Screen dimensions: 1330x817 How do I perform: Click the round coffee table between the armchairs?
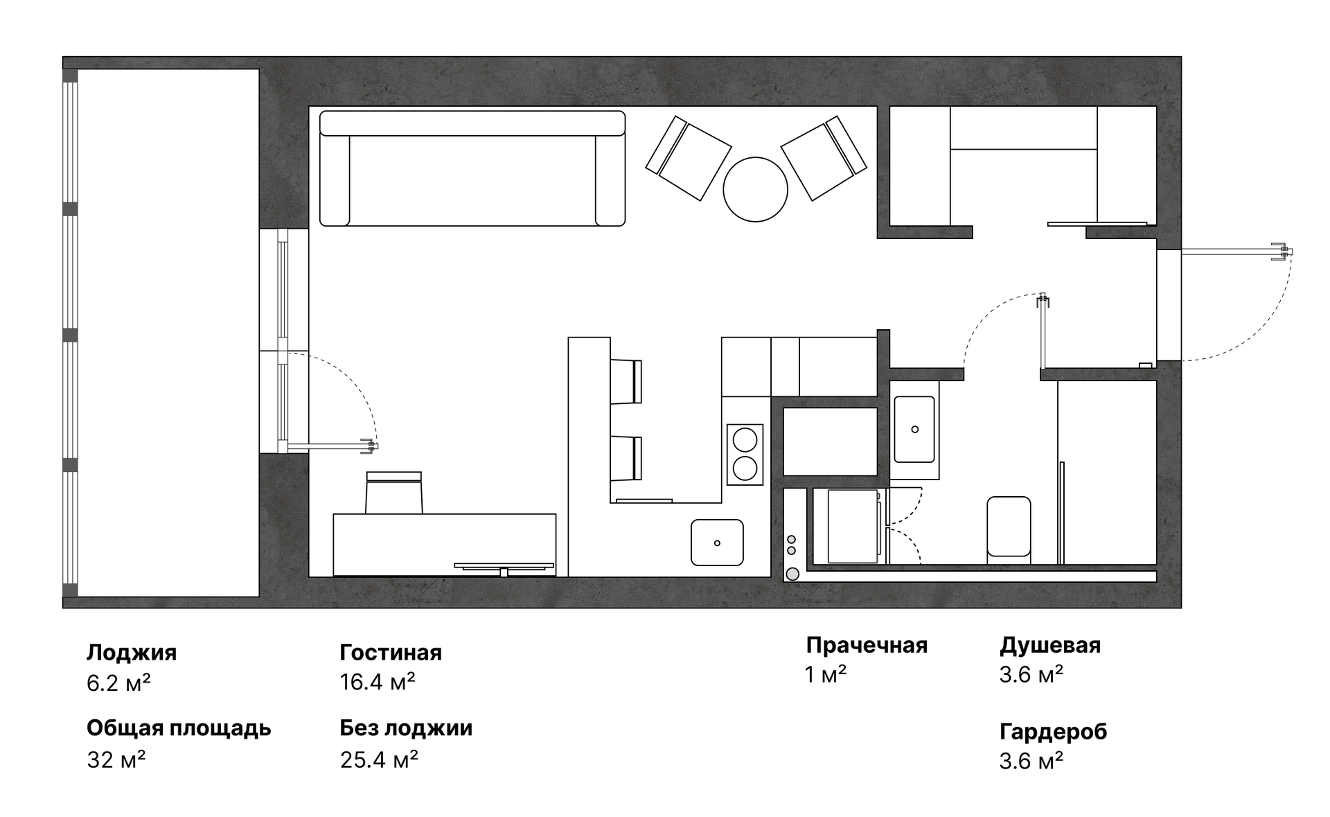coord(755,189)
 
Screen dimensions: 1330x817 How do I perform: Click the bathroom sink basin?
coord(914,429)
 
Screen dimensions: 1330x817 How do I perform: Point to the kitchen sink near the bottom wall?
coord(717,543)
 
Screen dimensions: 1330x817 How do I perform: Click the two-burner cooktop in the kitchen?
coord(745,454)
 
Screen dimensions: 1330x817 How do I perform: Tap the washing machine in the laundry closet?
coord(852,526)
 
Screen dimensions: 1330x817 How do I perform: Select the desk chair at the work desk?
coord(393,493)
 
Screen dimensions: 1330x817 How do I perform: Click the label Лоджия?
coord(132,652)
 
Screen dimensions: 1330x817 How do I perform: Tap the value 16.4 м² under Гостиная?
coord(378,683)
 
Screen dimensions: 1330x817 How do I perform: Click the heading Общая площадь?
coord(179,728)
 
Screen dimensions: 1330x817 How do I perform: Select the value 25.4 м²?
coord(379,760)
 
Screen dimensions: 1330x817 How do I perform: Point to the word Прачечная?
coord(867,645)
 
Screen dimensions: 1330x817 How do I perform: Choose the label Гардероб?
coord(1053,731)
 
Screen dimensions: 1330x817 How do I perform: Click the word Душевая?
coord(1050,645)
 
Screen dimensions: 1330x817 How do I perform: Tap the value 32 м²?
coord(116,760)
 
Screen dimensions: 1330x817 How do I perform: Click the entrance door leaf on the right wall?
coord(1233,252)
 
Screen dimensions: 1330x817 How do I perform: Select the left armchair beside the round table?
coord(688,158)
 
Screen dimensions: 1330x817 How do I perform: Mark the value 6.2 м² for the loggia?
coord(118,683)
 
